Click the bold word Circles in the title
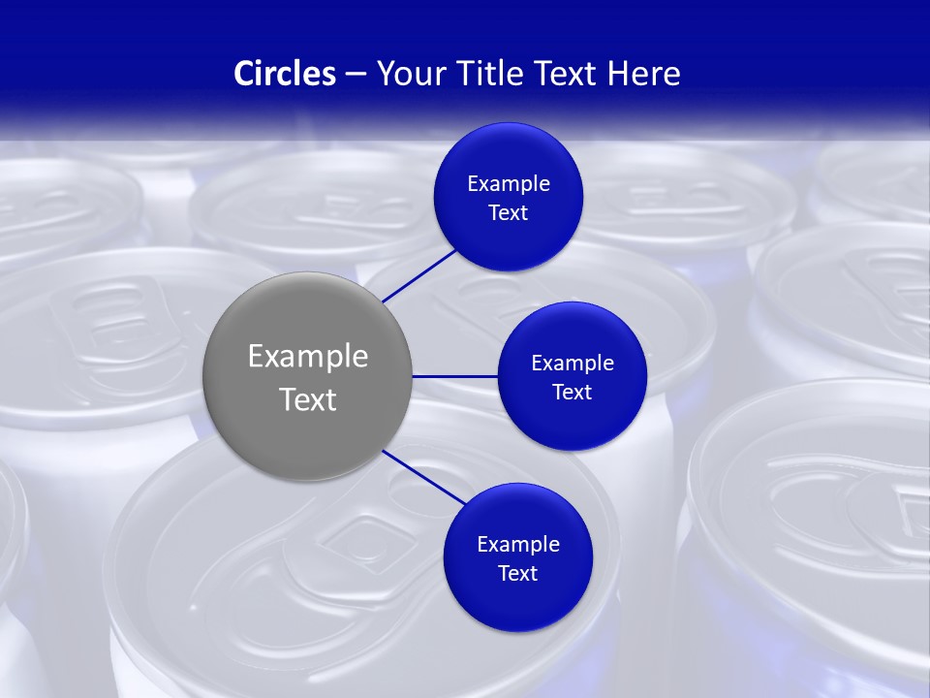285,74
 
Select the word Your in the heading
408,74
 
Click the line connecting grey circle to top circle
418,275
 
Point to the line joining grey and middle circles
454,376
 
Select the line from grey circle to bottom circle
422,476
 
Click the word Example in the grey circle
307,357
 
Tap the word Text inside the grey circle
307,399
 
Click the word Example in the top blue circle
508,184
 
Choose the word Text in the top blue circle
508,213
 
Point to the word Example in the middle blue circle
572,364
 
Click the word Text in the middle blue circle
572,393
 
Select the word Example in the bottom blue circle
517,545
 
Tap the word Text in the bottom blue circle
517,574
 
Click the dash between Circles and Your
355,75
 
